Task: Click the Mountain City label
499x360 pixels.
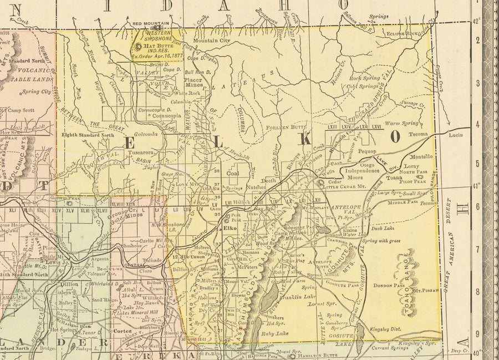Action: [211, 40]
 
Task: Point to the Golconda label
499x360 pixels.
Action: [145, 134]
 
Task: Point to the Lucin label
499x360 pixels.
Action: [456, 135]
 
